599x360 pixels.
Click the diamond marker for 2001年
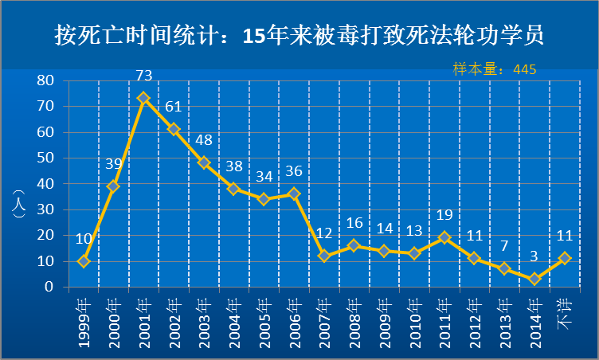coord(143,98)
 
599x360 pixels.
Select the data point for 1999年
coord(84,261)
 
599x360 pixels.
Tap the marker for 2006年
coord(294,194)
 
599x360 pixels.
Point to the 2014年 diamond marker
coord(534,279)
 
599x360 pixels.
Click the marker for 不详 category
coord(564,258)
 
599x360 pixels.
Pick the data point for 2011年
coord(444,237)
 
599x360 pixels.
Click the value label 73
coord(144,76)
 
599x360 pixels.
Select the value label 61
coord(174,107)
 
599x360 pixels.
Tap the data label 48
coord(204,140)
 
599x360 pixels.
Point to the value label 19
coord(444,214)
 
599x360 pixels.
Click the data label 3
coord(534,256)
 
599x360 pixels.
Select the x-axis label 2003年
coord(204,323)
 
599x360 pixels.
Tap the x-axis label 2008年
coord(354,323)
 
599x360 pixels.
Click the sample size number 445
coord(525,69)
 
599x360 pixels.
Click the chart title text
coord(299,36)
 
